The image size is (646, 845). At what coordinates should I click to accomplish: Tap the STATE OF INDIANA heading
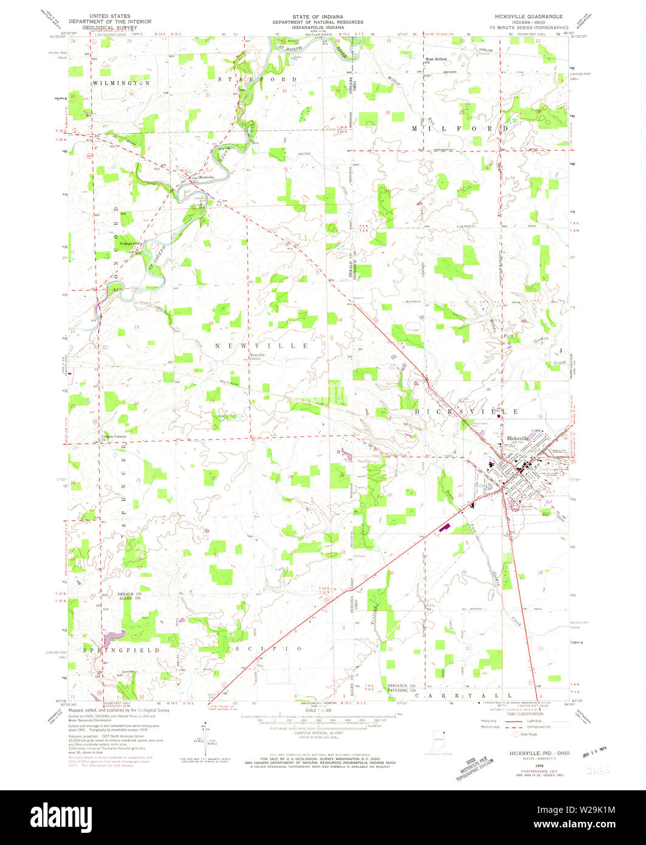point(317,16)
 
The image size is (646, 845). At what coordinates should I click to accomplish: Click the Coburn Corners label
point(114,436)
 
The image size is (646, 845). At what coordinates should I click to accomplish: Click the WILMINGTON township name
point(122,83)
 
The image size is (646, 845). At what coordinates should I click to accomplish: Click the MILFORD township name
point(459,129)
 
